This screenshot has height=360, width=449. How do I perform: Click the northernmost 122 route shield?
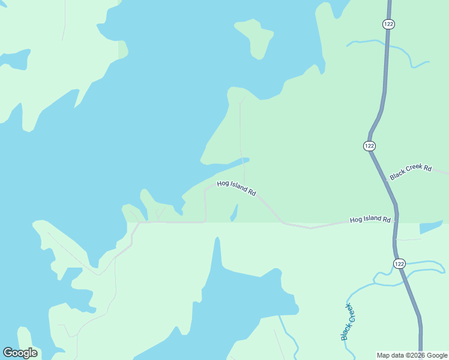point(388,24)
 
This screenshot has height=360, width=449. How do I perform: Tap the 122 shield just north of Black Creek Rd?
point(369,146)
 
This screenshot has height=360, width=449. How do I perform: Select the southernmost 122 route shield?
point(399,263)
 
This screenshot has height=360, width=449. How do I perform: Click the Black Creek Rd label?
point(411,172)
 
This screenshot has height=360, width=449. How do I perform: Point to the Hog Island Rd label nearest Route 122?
point(370,220)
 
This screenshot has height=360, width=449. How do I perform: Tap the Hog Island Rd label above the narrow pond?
point(237,188)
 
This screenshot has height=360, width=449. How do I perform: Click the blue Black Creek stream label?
point(347,322)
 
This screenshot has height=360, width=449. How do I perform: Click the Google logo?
point(20,353)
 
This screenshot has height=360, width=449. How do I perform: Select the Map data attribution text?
point(412,355)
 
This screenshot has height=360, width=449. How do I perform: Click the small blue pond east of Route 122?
point(430,227)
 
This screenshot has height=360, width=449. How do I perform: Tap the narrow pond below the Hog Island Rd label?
point(234,213)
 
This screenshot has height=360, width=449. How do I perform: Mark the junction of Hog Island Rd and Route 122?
point(396,220)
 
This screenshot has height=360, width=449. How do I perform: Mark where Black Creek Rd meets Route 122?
point(380,166)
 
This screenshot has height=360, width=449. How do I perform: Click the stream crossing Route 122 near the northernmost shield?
point(388,44)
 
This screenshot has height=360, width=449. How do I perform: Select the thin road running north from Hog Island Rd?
point(241,132)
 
